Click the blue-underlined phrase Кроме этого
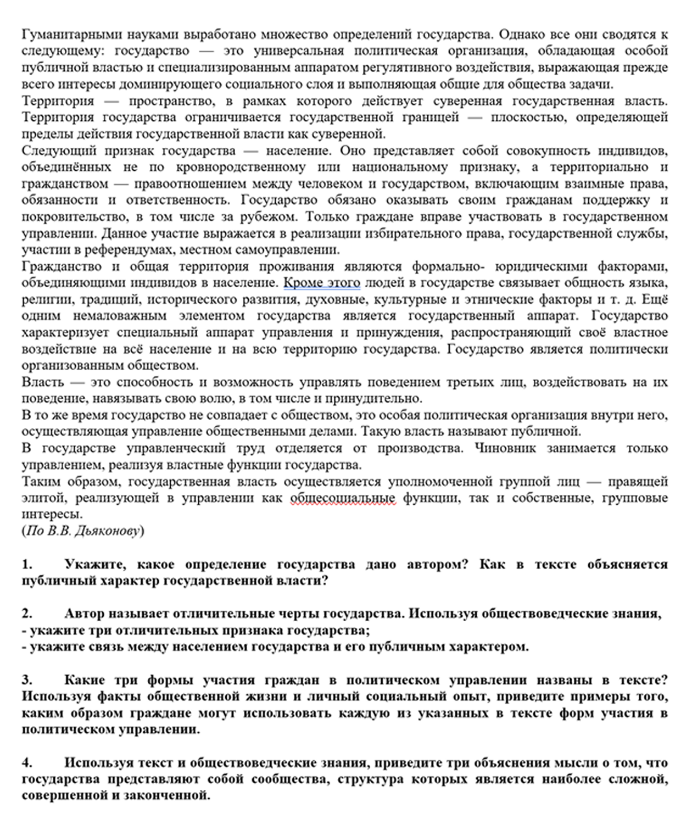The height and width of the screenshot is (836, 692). pyautogui.click(x=322, y=283)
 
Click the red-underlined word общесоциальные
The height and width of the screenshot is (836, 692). pyautogui.click(x=343, y=498)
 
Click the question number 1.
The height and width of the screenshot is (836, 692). pyautogui.click(x=27, y=564)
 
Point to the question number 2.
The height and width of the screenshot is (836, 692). pyautogui.click(x=27, y=614)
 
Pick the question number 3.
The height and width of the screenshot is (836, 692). pyautogui.click(x=27, y=680)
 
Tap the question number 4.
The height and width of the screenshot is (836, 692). pyautogui.click(x=27, y=762)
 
